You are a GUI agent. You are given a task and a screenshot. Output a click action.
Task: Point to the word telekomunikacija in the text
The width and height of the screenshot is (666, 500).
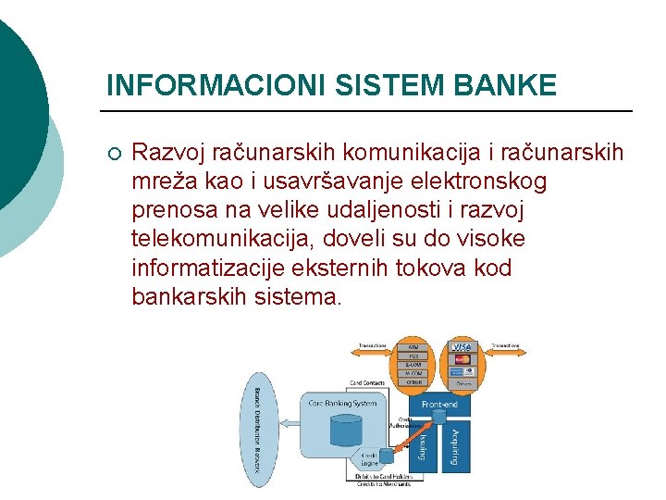(224, 240)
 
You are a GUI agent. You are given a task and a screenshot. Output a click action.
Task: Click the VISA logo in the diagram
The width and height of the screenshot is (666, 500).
(462, 346)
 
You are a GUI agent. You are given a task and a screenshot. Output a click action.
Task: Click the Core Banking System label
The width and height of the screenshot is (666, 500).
(340, 403)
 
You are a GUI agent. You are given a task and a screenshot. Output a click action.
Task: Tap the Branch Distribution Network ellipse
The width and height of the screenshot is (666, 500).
(257, 429)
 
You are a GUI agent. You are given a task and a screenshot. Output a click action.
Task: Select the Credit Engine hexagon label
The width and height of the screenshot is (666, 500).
(369, 459)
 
